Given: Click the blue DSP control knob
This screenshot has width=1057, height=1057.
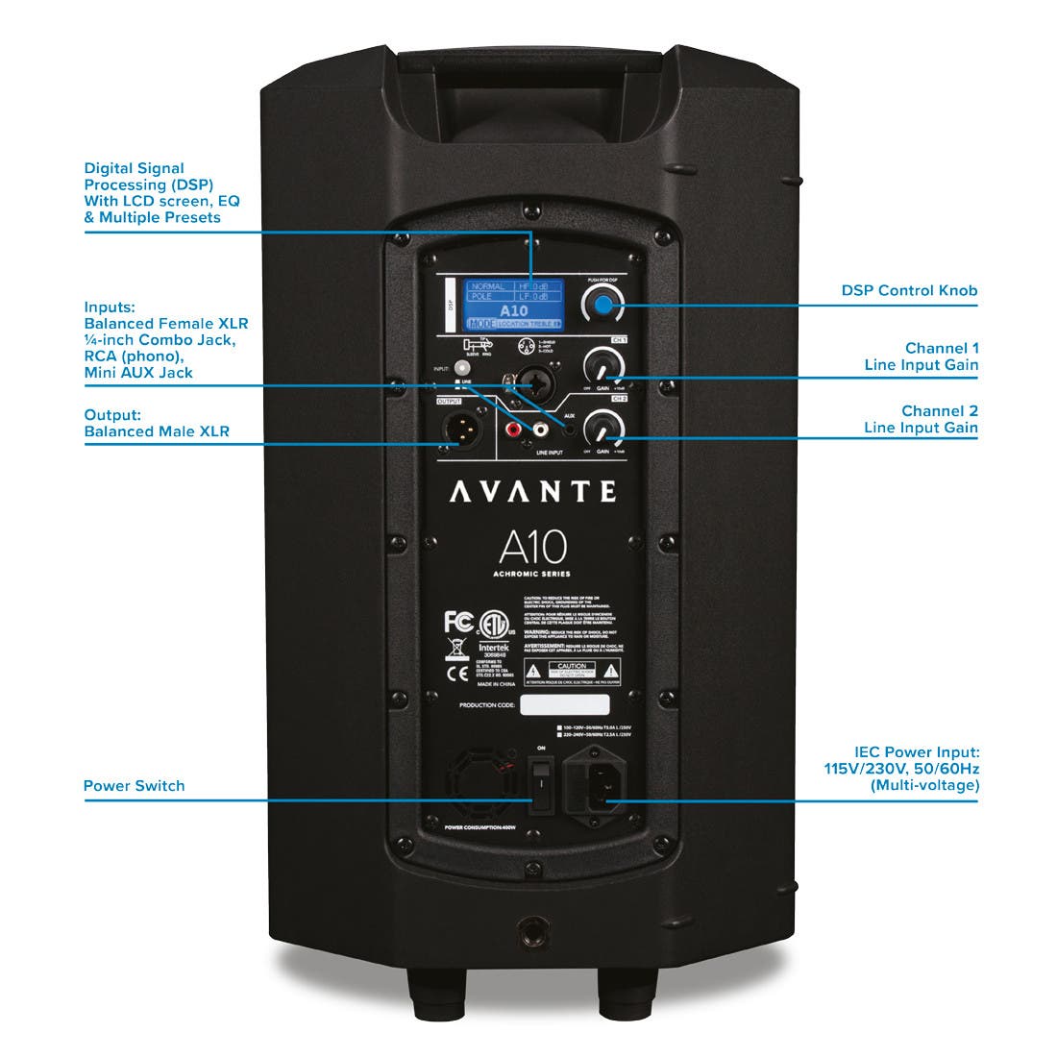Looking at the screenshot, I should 602,305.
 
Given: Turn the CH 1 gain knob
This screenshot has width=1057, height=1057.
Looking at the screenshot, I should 602,366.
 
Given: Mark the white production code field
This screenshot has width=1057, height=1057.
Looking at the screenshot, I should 564,705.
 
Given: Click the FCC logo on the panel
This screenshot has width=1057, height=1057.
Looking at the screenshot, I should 458,622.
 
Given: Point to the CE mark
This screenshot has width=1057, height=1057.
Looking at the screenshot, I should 457,674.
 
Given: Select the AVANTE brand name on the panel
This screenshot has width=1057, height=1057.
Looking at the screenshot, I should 533,492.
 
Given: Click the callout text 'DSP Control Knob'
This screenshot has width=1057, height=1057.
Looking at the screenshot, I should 909,290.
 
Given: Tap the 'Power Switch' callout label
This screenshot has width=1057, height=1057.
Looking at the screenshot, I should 134,786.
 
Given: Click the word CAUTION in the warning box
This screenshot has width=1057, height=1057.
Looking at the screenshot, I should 572,665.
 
